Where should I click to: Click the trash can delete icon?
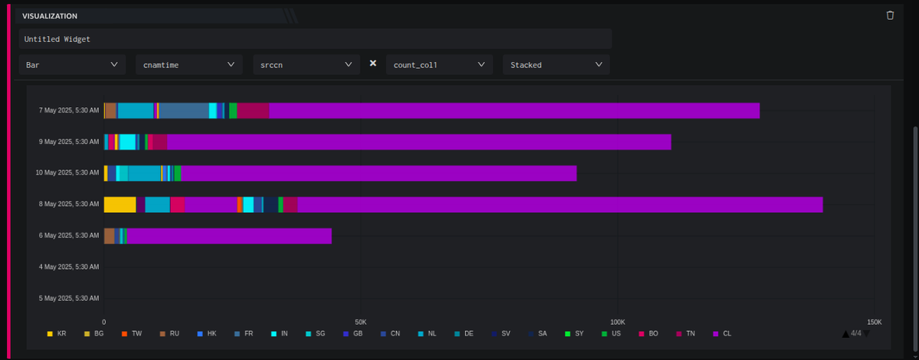coord(890,15)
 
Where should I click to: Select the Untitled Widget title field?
coord(315,38)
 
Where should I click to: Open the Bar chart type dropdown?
coord(72,65)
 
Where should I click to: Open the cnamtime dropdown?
coord(189,65)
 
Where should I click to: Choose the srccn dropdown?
coord(306,65)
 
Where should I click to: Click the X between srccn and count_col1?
coord(373,64)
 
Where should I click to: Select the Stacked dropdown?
coord(556,65)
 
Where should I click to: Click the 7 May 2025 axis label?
coord(68,110)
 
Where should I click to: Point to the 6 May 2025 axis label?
coord(68,236)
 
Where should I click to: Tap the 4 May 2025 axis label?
coord(68,267)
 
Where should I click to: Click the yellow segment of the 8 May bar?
coord(119,205)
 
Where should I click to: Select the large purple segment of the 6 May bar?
coord(229,236)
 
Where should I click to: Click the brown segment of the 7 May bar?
coord(110,110)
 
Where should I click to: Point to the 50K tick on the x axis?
coord(361,322)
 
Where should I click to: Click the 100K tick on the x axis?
coord(617,322)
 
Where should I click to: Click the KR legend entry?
coord(57,334)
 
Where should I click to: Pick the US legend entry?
coord(611,334)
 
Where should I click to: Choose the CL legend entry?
coord(721,334)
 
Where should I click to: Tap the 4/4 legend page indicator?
coord(855,333)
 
